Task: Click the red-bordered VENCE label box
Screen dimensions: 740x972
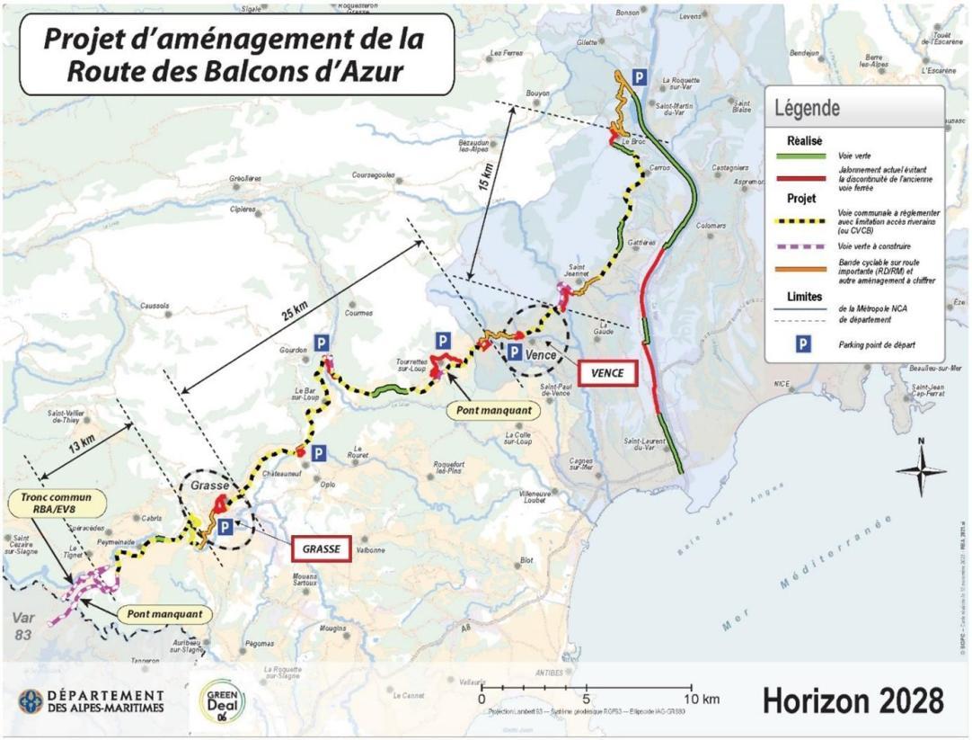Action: [607, 371]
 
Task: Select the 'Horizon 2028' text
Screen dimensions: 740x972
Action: [853, 699]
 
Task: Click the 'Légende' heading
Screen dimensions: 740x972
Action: [808, 109]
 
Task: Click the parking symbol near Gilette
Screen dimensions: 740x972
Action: [637, 78]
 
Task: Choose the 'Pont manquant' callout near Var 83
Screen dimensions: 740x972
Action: [163, 616]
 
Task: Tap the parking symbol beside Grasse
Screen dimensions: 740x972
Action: [225, 527]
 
